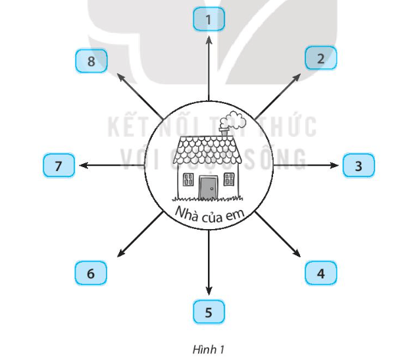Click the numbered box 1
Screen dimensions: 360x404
pos(209,20)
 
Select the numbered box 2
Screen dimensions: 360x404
pos(320,58)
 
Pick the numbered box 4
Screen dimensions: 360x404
pos(320,272)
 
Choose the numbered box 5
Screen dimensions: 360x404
pos(209,312)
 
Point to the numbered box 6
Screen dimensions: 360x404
pos(91,272)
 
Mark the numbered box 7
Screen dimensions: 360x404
pos(59,165)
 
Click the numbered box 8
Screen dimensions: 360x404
pos(91,61)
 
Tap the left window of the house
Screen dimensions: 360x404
pos(188,179)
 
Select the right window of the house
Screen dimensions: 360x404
pos(229,179)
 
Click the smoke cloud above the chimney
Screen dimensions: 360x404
pos(234,120)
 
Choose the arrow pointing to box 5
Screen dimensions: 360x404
pos(209,263)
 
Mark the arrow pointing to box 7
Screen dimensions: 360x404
pos(111,165)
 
